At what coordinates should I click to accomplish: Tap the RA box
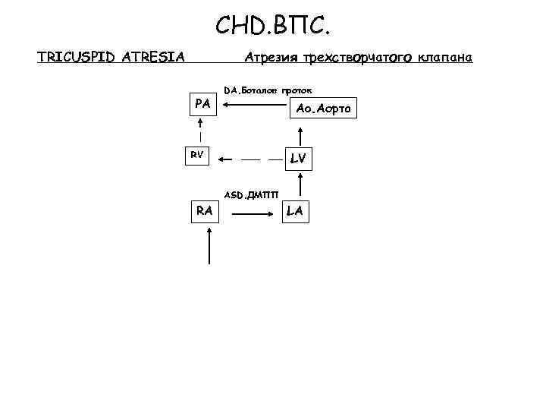pyautogui.click(x=203, y=210)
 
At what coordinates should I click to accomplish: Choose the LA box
pyautogui.click(x=294, y=210)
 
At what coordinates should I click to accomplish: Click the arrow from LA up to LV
pyautogui.click(x=302, y=185)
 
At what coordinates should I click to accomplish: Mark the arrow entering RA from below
pyautogui.click(x=210, y=246)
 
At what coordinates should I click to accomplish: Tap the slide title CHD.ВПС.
pyautogui.click(x=272, y=27)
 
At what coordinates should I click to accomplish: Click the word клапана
pyautogui.click(x=445, y=58)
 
